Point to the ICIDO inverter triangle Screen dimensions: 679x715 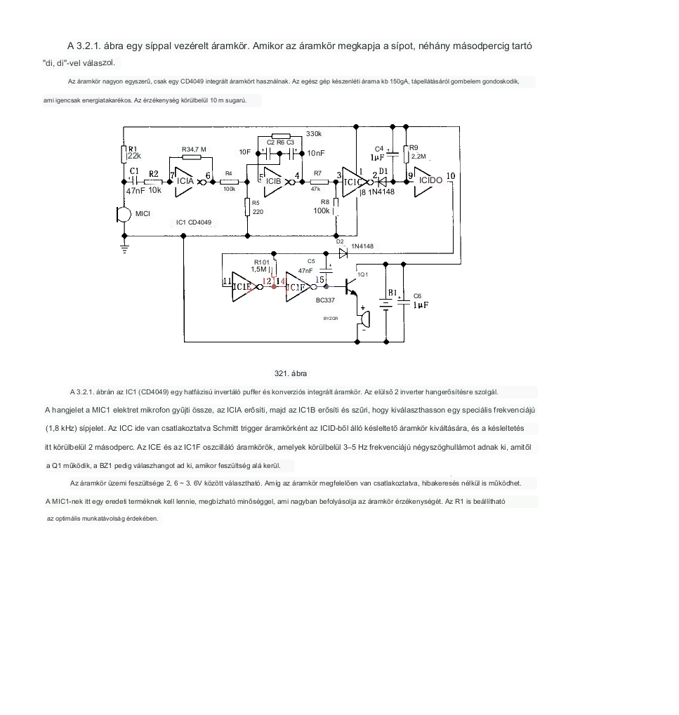pyautogui.click(x=429, y=180)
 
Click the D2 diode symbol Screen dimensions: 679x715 pyautogui.click(x=343, y=253)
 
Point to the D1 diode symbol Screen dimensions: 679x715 pyautogui.click(x=383, y=181)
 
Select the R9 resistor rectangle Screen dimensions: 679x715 pyautogui.click(x=406, y=154)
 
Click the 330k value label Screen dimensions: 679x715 pyautogui.click(x=313, y=133)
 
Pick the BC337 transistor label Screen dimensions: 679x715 pyautogui.click(x=326, y=300)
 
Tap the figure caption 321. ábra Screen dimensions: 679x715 pyautogui.click(x=291, y=373)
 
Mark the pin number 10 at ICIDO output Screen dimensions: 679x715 pyautogui.click(x=450, y=175)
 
